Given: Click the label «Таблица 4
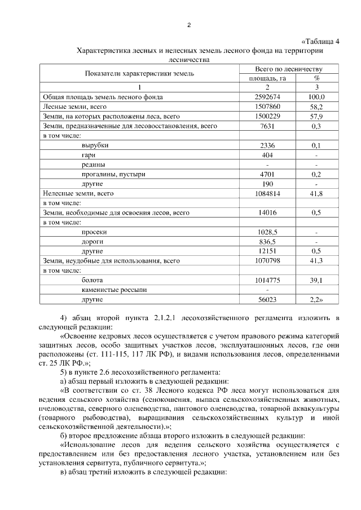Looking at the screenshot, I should [322, 41].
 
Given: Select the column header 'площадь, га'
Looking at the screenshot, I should [267, 78].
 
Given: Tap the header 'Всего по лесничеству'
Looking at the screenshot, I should [289, 68].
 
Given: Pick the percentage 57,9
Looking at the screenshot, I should [316, 116].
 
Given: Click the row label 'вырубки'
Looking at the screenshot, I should [95, 145].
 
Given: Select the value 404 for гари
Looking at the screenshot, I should [267, 154].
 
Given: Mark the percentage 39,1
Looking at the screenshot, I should [316, 280].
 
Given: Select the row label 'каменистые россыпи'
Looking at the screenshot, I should [113, 290].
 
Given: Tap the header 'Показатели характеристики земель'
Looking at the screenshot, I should [139, 73].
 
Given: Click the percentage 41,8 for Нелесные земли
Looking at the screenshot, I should [316, 193].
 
